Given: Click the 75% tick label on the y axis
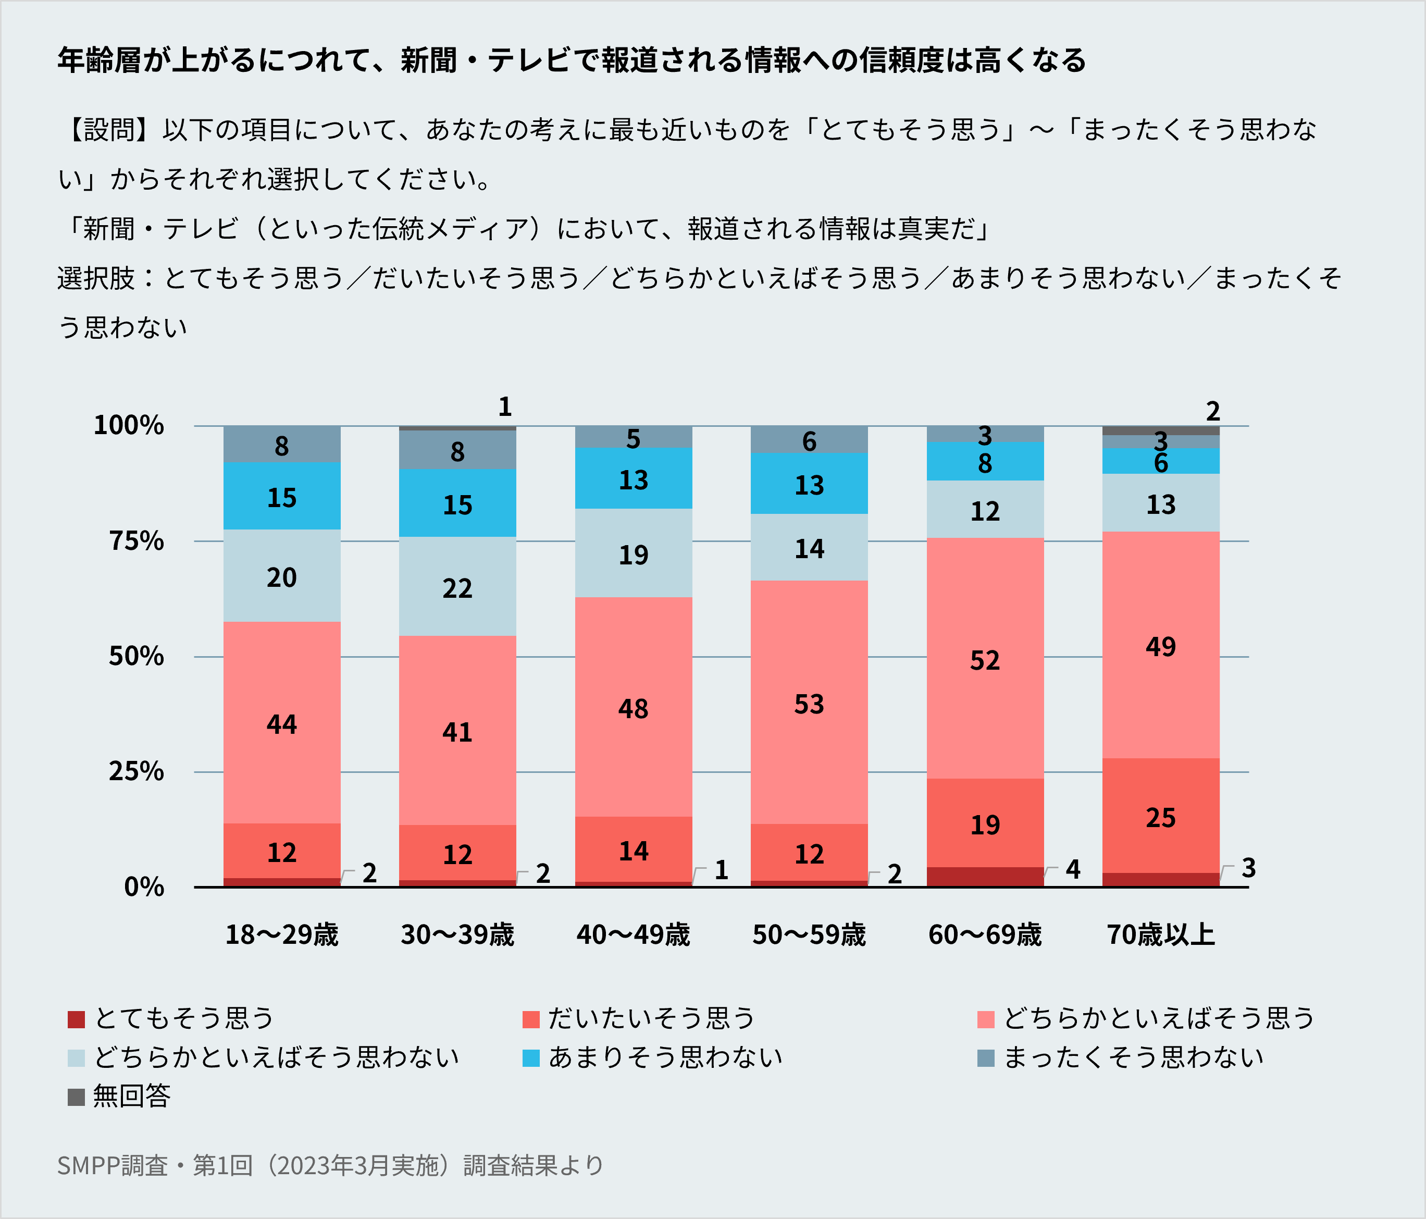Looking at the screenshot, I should pos(137,541).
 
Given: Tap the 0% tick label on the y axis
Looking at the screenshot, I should pos(144,887).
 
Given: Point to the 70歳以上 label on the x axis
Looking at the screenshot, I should pos(1161,935).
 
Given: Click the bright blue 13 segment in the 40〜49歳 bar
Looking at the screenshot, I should pos(633,478).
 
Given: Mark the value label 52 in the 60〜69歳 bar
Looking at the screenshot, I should pos(985,661).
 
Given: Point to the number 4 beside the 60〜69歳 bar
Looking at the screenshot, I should pos(1073,869).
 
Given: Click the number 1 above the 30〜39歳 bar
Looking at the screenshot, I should pos(505,407).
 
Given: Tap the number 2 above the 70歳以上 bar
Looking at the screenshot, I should pos(1213,412).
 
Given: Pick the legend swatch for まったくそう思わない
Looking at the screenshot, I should pos(986,1058).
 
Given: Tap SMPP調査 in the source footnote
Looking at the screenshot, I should pos(112,1165).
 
